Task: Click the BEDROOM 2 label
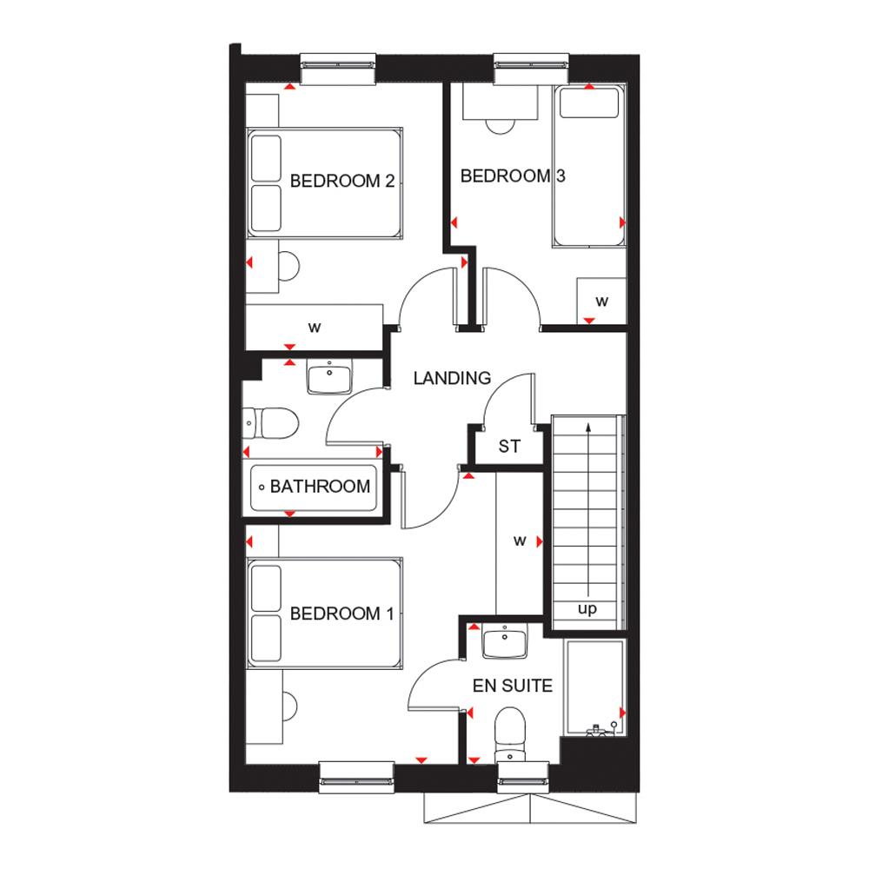tap(342, 182)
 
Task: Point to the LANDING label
tap(452, 378)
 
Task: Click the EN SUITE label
tap(513, 686)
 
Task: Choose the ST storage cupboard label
tap(509, 448)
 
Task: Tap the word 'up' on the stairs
tap(588, 609)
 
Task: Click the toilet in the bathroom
tap(272, 424)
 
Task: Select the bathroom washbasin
tap(329, 379)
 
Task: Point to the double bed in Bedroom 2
tap(324, 182)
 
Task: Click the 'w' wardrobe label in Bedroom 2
tap(315, 328)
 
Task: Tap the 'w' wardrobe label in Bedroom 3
tap(601, 301)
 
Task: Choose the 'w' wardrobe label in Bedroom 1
tap(520, 541)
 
